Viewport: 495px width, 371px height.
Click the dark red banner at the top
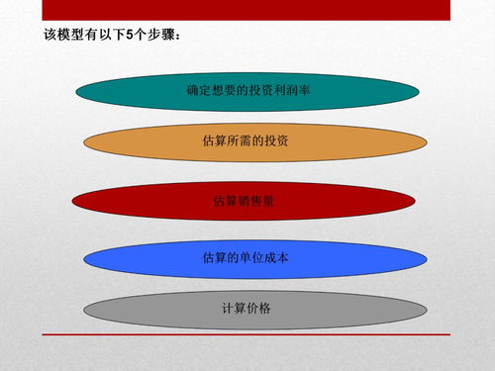[x=247, y=10]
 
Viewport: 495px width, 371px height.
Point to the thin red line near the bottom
[x=247, y=334]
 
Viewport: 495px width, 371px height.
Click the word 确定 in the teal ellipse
[x=198, y=91]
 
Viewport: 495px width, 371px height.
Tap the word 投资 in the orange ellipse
[x=276, y=141]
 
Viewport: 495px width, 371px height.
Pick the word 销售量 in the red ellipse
[x=256, y=201]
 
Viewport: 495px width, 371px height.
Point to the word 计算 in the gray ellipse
[x=234, y=309]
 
